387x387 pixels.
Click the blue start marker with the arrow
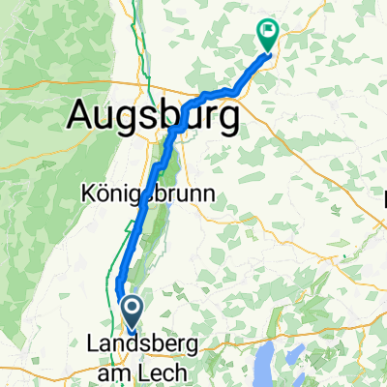click(131, 312)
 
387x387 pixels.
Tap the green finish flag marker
click(267, 34)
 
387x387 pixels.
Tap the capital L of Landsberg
click(92, 343)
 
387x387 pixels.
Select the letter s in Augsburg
click(150, 118)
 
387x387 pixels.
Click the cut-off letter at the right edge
click(384, 201)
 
